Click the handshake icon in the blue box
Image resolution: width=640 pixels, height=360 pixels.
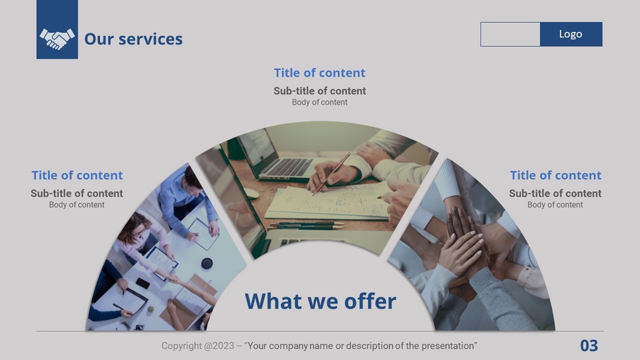(57, 39)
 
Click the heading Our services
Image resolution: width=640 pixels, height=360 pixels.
(133, 39)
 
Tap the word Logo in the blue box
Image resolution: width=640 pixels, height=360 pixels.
(571, 34)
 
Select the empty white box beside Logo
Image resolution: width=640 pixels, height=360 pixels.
(510, 34)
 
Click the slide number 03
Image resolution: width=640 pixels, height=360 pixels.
(589, 346)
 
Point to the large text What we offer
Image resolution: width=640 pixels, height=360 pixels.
(321, 301)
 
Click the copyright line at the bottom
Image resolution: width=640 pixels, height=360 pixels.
(319, 346)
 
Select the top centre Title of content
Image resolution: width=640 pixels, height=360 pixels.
(319, 73)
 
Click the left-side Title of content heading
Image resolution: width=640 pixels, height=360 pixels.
(77, 175)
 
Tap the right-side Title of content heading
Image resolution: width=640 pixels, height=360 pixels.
(555, 175)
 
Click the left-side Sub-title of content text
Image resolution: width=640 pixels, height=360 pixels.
(77, 193)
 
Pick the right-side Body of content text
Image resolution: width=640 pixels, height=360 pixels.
(555, 205)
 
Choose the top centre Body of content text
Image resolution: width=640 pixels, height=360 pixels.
(319, 102)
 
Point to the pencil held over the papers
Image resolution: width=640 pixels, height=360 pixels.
(331, 174)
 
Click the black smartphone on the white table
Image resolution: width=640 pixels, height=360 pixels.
(143, 283)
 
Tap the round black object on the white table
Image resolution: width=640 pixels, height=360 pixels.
(207, 263)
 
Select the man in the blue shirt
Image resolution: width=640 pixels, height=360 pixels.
(188, 200)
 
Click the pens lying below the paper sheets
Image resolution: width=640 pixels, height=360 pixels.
(306, 225)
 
